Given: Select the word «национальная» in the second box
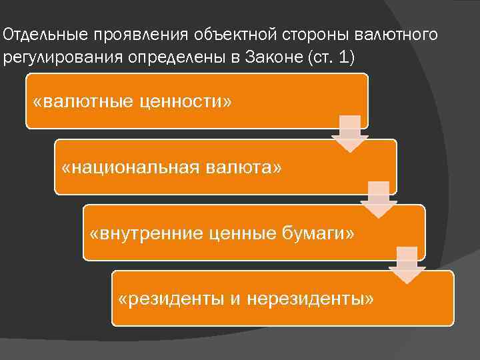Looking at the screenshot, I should (129, 167).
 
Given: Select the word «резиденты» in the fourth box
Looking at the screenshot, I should (172, 299).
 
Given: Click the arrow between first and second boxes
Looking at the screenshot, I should (350, 134).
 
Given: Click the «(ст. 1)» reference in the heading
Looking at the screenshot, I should (329, 57).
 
